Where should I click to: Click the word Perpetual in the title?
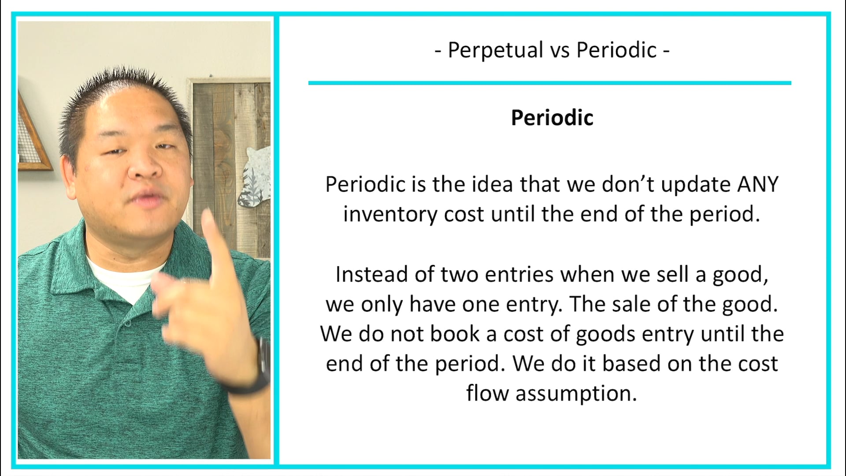pyautogui.click(x=495, y=50)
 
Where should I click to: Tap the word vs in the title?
pyautogui.click(x=560, y=50)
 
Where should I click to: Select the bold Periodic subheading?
pyautogui.click(x=552, y=118)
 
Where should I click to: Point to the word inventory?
pyautogui.click(x=390, y=215)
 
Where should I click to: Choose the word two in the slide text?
pyautogui.click(x=460, y=274)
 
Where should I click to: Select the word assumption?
pyautogui.click(x=576, y=393)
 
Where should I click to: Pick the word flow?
pyautogui.click(x=487, y=393)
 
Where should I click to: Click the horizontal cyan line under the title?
pyautogui.click(x=549, y=83)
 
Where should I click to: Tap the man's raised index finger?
pyautogui.click(x=213, y=238)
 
